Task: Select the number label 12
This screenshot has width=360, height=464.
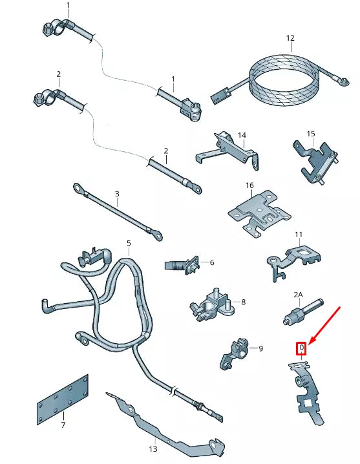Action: click(x=290, y=38)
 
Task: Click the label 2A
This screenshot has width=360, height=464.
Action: click(x=298, y=295)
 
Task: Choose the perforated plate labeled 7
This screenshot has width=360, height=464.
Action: click(x=63, y=399)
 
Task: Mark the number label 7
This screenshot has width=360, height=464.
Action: click(x=63, y=426)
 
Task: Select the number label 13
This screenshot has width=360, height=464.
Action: click(x=153, y=448)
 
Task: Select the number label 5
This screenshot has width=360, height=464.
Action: click(x=129, y=244)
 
